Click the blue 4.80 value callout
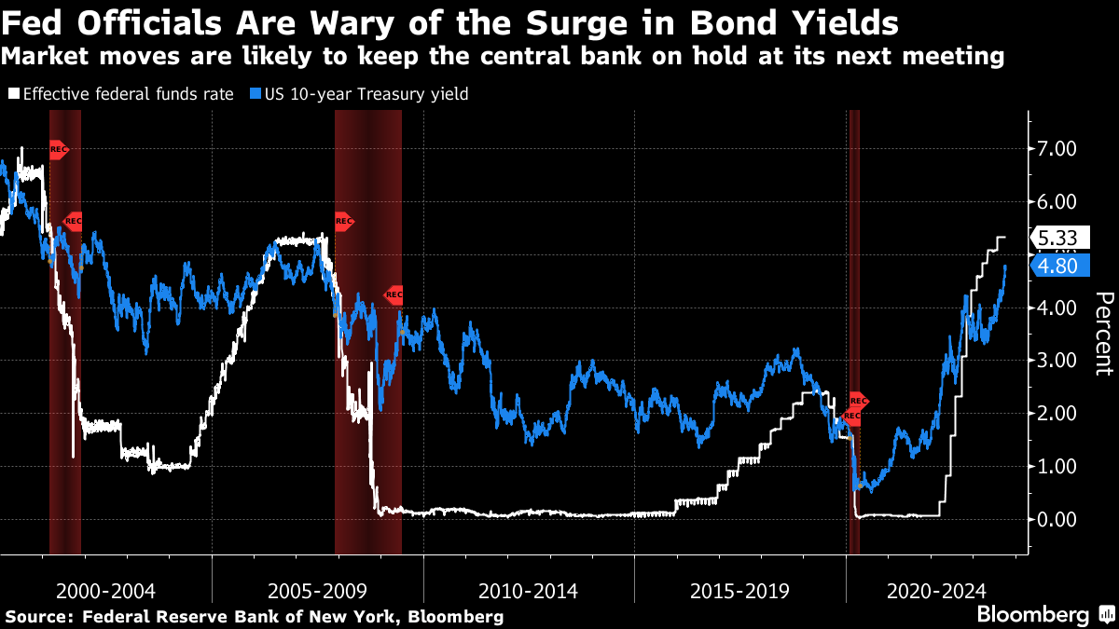pos(1057,267)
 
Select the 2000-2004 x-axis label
pos(105,591)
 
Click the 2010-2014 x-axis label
pos(528,591)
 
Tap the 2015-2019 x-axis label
pos(739,591)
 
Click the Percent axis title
pos(1104,333)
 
